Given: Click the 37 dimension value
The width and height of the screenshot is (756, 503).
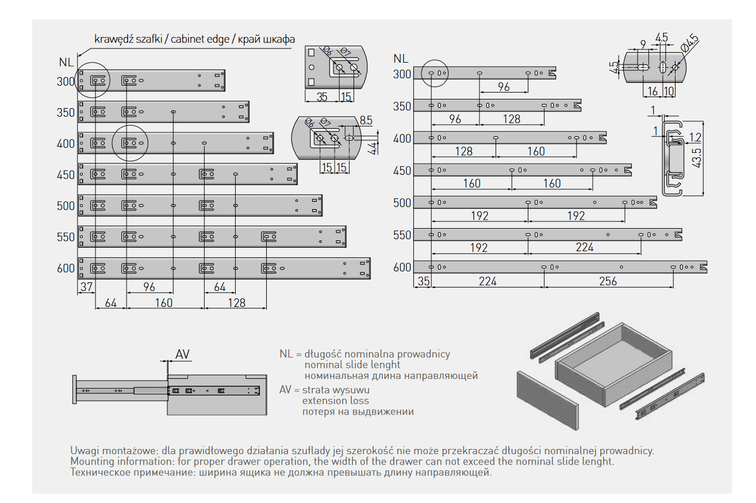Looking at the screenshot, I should point(86,287).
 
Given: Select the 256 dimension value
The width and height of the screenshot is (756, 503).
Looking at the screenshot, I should point(608,281).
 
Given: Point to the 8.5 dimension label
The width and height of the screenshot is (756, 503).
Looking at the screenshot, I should point(366,121).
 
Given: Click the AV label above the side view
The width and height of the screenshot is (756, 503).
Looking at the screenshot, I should point(182,354).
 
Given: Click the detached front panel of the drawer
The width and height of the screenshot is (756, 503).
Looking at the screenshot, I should point(547,400).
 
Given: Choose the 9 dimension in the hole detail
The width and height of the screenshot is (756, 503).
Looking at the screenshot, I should point(642,44).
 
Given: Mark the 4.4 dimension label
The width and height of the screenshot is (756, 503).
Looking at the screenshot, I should point(372,148).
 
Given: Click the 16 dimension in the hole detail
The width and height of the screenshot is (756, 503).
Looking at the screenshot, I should point(653,91).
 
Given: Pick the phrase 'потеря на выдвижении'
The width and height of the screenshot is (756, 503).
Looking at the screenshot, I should point(358,412).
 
